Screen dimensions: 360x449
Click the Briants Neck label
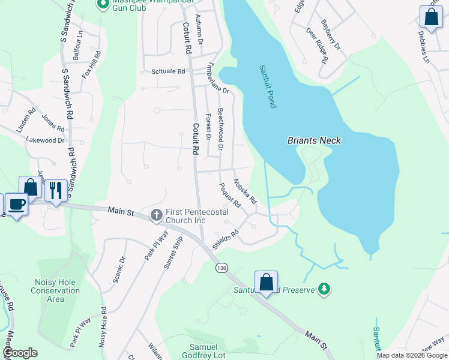coord(314,140)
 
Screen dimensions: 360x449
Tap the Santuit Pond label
coord(268,86)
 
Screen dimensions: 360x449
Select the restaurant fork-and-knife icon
coord(56,190)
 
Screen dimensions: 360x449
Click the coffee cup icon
coord(16,204)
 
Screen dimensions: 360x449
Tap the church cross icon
coord(156,214)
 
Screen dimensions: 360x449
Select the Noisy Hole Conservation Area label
coord(55,290)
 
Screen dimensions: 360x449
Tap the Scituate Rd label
coord(168,71)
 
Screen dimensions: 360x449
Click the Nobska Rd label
coord(245,190)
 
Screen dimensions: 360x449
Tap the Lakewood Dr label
coord(45,140)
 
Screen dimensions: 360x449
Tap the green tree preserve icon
coord(324,290)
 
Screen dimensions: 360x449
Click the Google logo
coord(20,353)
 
